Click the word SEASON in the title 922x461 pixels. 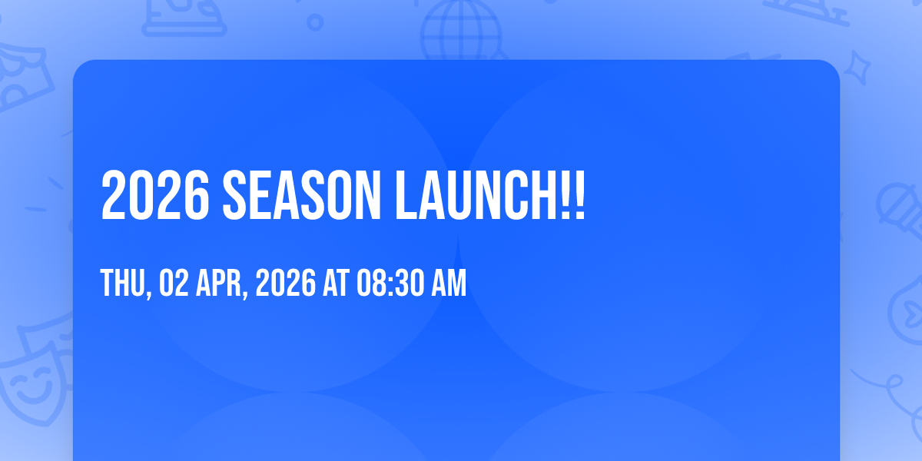pyautogui.click(x=302, y=195)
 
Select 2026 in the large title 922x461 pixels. pyautogui.click(x=154, y=195)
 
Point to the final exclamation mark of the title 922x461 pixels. pyautogui.click(x=579, y=195)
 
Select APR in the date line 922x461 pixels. pyautogui.click(x=218, y=283)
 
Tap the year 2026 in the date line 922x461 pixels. pyautogui.click(x=286, y=283)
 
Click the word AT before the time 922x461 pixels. pyautogui.click(x=337, y=283)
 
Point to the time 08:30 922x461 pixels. pyautogui.click(x=390, y=283)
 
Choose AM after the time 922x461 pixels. pyautogui.click(x=449, y=283)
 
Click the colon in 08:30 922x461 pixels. pyautogui.click(x=390, y=285)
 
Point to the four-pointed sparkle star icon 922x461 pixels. pyautogui.click(x=857, y=68)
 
